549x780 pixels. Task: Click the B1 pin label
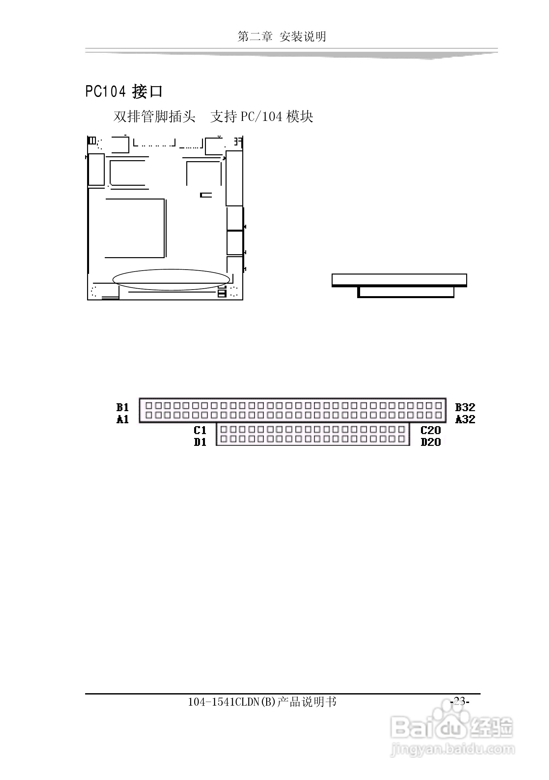(x=122, y=407)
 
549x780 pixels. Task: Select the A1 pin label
(x=122, y=420)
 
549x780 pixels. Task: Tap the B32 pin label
(x=465, y=407)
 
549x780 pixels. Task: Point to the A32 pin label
(x=465, y=420)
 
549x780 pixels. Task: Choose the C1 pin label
(x=200, y=430)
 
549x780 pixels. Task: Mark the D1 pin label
(x=200, y=442)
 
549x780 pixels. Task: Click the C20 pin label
(x=430, y=430)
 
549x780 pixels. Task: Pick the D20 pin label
(x=430, y=442)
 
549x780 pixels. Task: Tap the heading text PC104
(x=106, y=91)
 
